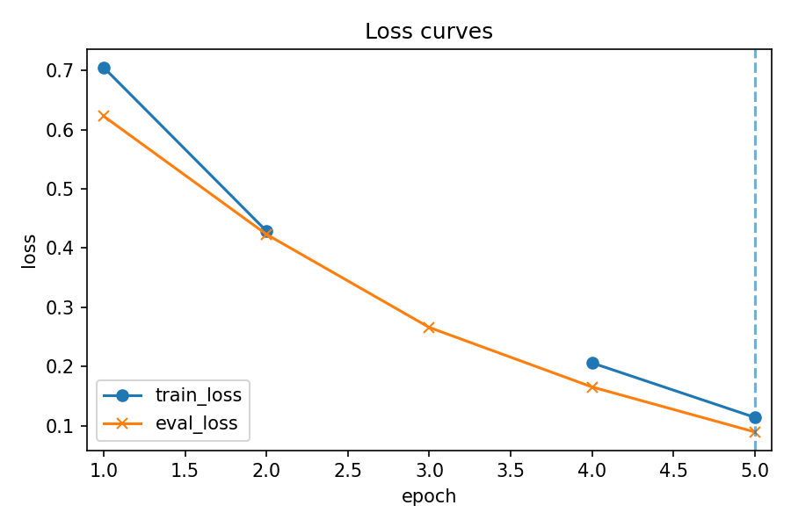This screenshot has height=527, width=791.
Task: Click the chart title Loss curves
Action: pyautogui.click(x=429, y=32)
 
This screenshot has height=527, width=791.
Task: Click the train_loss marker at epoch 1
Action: pyautogui.click(x=104, y=68)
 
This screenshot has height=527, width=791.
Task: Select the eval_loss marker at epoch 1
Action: pyautogui.click(x=104, y=116)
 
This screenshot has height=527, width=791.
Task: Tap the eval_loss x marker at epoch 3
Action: pyautogui.click(x=429, y=328)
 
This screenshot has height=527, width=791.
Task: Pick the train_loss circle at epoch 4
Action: pyautogui.click(x=592, y=363)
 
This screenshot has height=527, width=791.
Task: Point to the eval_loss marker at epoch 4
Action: pyautogui.click(x=592, y=387)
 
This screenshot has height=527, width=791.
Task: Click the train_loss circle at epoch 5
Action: pyautogui.click(x=755, y=417)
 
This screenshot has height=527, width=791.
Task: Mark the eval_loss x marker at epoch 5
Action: pyautogui.click(x=755, y=432)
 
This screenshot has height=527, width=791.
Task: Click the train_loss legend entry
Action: pyautogui.click(x=198, y=395)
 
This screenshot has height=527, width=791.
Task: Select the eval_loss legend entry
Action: pyautogui.click(x=196, y=423)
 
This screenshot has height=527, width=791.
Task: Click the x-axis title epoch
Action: pyautogui.click(x=429, y=496)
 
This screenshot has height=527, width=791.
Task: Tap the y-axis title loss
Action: pyautogui.click(x=30, y=250)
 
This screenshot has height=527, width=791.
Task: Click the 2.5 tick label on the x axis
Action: pyautogui.click(x=348, y=470)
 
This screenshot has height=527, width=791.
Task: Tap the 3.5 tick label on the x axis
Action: pyautogui.click(x=511, y=470)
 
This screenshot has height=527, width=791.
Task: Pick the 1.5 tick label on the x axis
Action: pyautogui.click(x=185, y=470)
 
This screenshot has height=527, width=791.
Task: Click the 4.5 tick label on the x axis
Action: pyautogui.click(x=673, y=470)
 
